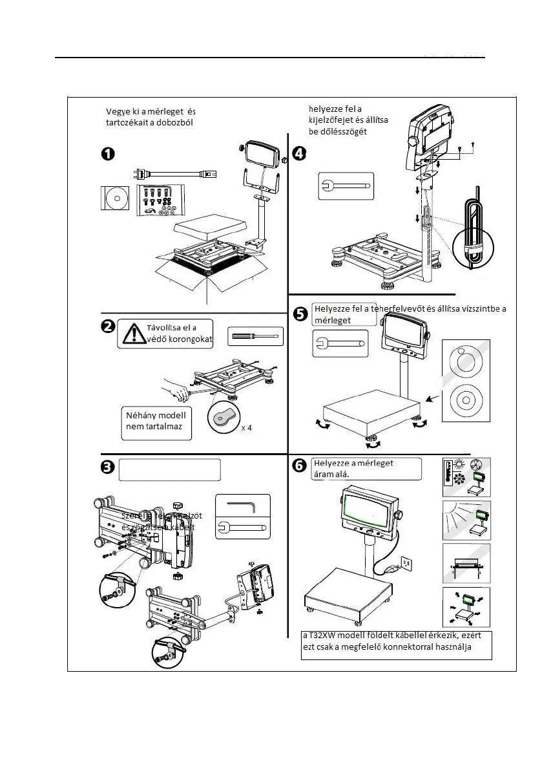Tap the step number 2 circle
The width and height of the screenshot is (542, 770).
[108, 326]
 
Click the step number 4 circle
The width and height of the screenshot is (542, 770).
[299, 153]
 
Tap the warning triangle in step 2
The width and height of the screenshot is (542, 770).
[134, 334]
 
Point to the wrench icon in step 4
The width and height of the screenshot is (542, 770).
[346, 187]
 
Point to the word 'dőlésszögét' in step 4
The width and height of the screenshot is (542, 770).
[340, 132]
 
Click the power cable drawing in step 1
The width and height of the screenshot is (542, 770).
[174, 174]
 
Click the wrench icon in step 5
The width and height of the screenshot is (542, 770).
[340, 343]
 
